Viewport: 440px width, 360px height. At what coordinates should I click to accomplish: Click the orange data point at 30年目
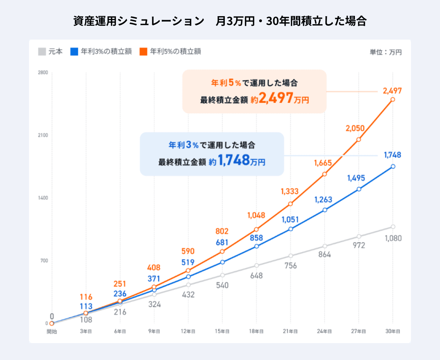tap(393, 99)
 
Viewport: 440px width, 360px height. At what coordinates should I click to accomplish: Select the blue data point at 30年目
tap(393, 166)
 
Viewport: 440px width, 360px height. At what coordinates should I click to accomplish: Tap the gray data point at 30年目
tap(393, 227)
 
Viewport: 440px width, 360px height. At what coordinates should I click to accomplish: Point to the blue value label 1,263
tap(323, 200)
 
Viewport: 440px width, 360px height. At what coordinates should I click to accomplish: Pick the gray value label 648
tap(256, 276)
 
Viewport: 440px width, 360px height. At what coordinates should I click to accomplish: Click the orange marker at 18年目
tap(256, 229)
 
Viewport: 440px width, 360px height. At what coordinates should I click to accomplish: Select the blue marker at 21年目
tap(290, 229)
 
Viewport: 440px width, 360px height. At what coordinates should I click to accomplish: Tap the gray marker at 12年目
tap(188, 285)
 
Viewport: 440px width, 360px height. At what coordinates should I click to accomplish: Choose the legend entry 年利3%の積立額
tap(101, 52)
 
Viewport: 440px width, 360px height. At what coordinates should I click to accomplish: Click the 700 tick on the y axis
tap(44, 261)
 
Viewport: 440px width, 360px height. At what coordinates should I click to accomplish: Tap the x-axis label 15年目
tap(222, 331)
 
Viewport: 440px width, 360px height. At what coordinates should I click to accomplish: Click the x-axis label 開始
tap(52, 331)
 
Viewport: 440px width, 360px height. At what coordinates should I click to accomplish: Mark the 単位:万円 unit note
tap(385, 52)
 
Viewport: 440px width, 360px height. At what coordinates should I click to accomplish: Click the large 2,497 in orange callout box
tap(276, 98)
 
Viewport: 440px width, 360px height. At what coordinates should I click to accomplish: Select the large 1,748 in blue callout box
tap(234, 160)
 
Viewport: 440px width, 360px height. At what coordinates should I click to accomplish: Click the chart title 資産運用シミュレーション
tap(139, 21)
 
